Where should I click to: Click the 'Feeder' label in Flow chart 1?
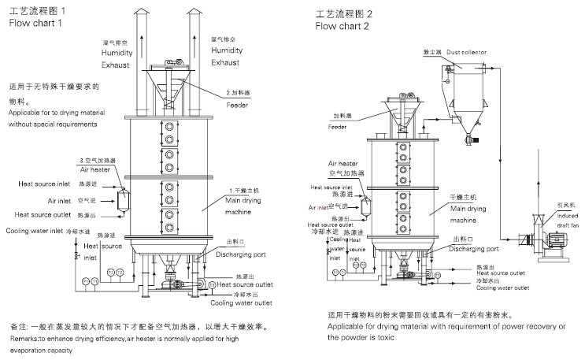pos(238,105)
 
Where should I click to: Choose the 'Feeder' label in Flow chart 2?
pos(338,126)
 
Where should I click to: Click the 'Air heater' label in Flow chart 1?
pos(94,169)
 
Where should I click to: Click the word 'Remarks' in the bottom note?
pos(24,338)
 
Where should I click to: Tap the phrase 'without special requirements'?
pos(53,124)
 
